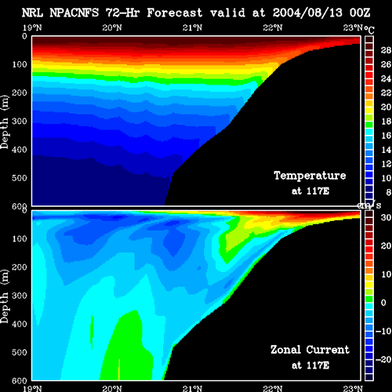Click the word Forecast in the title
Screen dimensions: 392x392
[175, 13]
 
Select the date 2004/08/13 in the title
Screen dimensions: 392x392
[307, 13]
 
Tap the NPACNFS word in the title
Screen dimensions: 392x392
[74, 13]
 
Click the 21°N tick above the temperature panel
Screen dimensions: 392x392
[192, 27]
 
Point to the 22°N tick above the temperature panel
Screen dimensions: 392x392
[273, 27]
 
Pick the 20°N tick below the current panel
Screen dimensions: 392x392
[112, 389]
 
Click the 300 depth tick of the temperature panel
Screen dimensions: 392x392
[20, 121]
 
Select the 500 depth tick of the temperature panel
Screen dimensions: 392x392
[20, 178]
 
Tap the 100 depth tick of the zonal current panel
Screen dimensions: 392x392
[20, 238]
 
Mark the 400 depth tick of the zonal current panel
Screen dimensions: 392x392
[20, 324]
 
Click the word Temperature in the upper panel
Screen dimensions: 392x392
[310, 176]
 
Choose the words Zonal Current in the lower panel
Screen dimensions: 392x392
[310, 350]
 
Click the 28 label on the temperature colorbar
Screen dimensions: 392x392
[386, 50]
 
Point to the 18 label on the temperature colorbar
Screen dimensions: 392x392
[386, 122]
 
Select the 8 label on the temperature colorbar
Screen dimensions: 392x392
[388, 192]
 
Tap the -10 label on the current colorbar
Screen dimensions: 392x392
[383, 331]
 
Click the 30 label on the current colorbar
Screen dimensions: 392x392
[386, 217]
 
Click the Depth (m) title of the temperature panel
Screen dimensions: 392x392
[5, 122]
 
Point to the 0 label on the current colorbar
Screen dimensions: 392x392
[383, 303]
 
